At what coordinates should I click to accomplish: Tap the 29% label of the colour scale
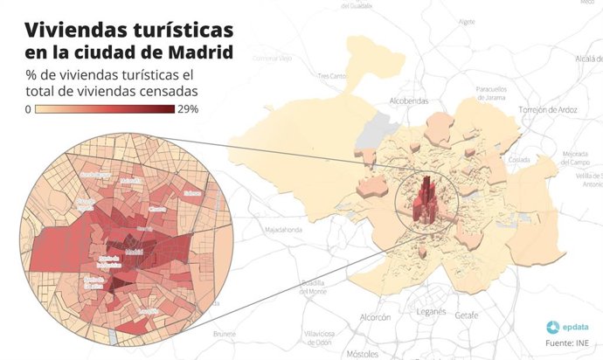click(x=188, y=109)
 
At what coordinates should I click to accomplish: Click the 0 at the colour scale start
click(x=29, y=109)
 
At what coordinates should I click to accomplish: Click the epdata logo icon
click(x=553, y=327)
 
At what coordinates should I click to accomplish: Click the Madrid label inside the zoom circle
click(x=134, y=253)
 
